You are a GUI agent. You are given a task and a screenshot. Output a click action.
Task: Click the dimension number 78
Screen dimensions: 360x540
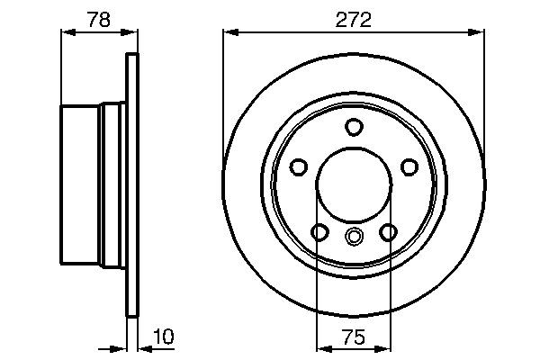pyautogui.click(x=100, y=18)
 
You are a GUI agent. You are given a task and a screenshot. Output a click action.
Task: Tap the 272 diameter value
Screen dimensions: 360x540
pyautogui.click(x=353, y=18)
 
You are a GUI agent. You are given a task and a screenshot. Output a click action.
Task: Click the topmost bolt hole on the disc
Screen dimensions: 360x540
pyautogui.click(x=354, y=127)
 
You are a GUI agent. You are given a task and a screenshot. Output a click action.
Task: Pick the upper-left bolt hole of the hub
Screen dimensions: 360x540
pyautogui.click(x=298, y=166)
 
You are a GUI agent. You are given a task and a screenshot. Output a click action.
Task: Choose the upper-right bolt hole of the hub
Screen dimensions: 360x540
pyautogui.click(x=409, y=166)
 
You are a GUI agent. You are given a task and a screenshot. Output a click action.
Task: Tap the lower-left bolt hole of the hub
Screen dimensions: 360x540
pyautogui.click(x=319, y=232)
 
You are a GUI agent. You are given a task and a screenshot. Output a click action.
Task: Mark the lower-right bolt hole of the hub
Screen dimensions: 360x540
pyautogui.click(x=388, y=232)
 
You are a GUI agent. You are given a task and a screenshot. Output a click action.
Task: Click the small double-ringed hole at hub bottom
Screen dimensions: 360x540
pyautogui.click(x=354, y=237)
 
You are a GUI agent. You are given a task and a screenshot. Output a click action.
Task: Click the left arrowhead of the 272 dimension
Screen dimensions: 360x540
pyautogui.click(x=229, y=32)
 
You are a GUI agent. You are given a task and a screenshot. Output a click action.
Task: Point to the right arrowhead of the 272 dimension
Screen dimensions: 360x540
pyautogui.click(x=478, y=32)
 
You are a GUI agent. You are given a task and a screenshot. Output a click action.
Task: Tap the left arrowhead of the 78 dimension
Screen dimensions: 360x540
pyautogui.click(x=66, y=32)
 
